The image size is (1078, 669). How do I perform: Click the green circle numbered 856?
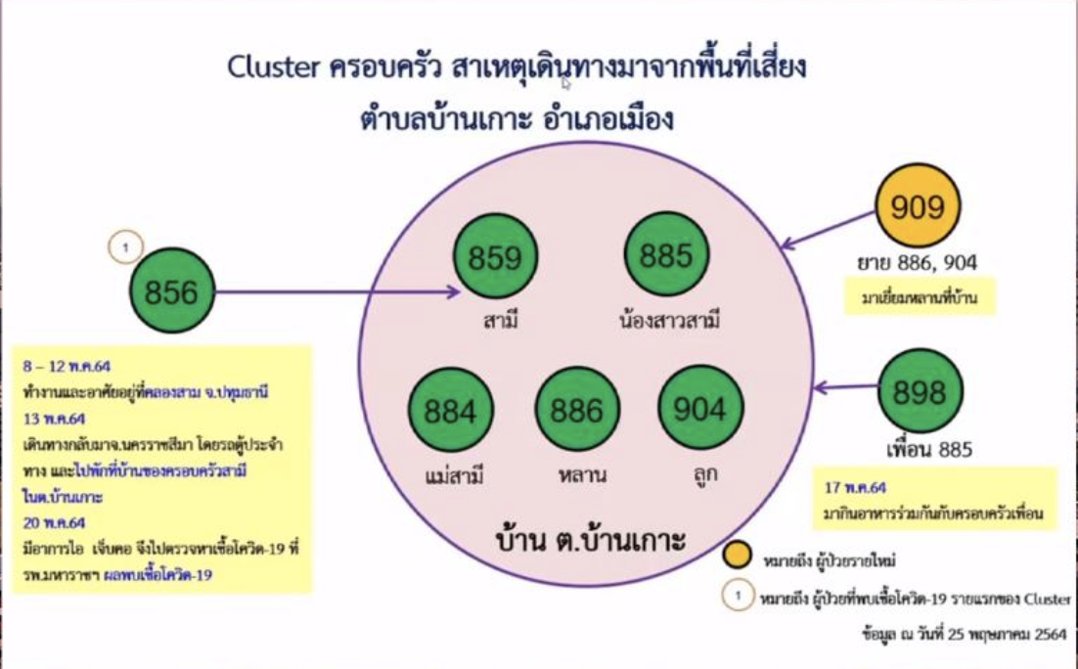click(x=171, y=291)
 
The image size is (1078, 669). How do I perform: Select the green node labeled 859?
click(x=495, y=257)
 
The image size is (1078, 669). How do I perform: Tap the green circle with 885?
click(x=666, y=255)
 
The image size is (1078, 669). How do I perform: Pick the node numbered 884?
click(x=450, y=411)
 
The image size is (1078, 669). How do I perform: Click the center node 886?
click(x=577, y=410)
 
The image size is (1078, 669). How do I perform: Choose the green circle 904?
click(x=699, y=409)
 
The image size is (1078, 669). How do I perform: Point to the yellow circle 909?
click(x=918, y=206)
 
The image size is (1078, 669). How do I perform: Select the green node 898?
click(x=920, y=391)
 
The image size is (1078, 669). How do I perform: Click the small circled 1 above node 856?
click(x=125, y=248)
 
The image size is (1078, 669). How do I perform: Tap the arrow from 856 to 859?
click(x=333, y=291)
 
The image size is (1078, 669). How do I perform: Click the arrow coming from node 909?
click(x=827, y=231)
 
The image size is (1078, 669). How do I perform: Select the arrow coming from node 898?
click(x=846, y=388)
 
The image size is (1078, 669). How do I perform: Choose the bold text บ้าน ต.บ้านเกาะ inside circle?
click(x=590, y=539)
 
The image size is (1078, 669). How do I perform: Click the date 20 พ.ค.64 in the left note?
click(x=54, y=521)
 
